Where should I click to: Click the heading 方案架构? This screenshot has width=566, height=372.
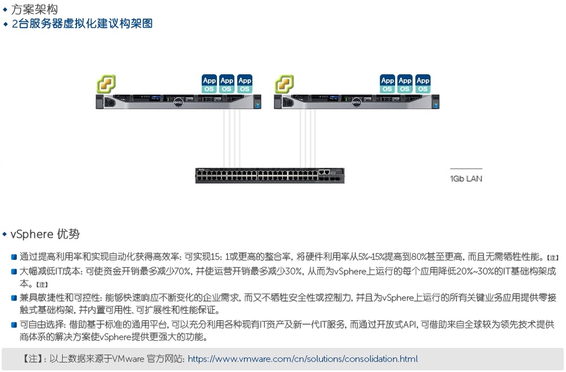(34, 9)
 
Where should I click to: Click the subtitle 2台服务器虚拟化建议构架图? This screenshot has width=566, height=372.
(82, 24)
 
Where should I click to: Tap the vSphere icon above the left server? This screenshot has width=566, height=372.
(106, 84)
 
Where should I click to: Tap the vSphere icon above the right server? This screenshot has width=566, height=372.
(284, 84)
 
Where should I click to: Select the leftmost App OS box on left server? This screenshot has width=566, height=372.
(209, 84)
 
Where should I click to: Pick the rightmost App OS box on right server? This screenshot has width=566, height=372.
(423, 84)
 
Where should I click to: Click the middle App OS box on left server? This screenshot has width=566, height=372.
(227, 84)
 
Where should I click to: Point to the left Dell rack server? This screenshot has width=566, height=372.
(179, 102)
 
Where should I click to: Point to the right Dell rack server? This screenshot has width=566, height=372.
(356, 102)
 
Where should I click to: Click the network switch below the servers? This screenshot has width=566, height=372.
(270, 176)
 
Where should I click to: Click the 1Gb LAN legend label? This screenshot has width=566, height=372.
(466, 179)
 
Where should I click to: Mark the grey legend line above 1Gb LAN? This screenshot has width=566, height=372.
(466, 169)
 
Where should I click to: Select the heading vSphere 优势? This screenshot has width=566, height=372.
(45, 234)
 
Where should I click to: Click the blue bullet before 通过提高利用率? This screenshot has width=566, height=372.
(14, 257)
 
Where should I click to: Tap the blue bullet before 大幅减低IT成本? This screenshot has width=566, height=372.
(14, 271)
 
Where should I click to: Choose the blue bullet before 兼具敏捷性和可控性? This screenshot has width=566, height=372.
(14, 298)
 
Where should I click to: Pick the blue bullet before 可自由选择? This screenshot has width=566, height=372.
(14, 325)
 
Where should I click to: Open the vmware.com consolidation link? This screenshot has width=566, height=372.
(302, 359)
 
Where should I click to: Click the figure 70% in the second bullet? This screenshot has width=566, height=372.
(181, 271)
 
